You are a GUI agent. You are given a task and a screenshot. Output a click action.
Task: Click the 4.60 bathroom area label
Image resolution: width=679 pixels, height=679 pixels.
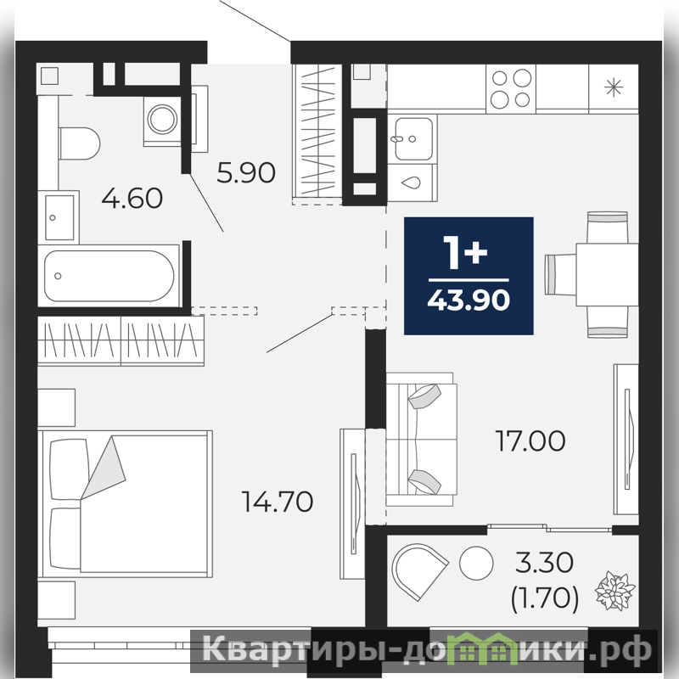pyautogui.click(x=132, y=198)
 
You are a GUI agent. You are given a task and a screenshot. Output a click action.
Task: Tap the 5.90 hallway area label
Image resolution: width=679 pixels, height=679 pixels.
pyautogui.click(x=246, y=172)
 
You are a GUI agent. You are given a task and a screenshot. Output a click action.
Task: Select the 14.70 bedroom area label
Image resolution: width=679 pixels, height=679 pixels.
pyautogui.click(x=278, y=502)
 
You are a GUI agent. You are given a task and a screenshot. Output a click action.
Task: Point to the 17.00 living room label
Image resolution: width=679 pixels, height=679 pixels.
pyautogui.click(x=530, y=441)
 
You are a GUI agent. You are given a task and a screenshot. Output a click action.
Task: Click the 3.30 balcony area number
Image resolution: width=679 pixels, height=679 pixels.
pyautogui.click(x=544, y=562)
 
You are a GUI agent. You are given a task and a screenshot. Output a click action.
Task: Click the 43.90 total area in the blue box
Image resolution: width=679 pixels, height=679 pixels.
pyautogui.click(x=469, y=300)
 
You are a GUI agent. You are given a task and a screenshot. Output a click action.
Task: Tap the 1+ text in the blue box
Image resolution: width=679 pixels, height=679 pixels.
pyautogui.click(x=465, y=252)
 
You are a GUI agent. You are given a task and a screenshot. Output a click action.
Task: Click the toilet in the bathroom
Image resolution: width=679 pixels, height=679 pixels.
pyautogui.click(x=80, y=143)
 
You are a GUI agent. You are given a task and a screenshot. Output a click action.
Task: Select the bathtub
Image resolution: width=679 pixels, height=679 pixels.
pyautogui.click(x=109, y=276)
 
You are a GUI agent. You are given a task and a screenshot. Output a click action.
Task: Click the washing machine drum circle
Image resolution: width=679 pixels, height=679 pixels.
pyautogui.click(x=162, y=119)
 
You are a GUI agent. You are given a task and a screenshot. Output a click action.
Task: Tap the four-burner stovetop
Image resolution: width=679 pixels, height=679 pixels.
pyautogui.click(x=511, y=89)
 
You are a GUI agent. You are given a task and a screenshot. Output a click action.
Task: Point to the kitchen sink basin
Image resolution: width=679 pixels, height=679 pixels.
pyautogui.click(x=413, y=138)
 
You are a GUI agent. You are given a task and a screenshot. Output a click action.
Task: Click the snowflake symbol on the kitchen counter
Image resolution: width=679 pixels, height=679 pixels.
pyautogui.click(x=614, y=88)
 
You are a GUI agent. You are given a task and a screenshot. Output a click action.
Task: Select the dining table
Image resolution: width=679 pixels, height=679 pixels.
pyautogui.click(x=607, y=274)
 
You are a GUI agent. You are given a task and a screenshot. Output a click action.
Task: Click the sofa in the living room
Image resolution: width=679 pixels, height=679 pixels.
pyautogui.click(x=421, y=439)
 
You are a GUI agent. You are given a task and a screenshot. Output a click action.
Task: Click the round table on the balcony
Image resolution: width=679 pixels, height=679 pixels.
pyautogui.click(x=476, y=563)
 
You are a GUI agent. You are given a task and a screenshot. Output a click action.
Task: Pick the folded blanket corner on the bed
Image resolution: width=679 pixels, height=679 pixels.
pyautogui.click(x=104, y=468)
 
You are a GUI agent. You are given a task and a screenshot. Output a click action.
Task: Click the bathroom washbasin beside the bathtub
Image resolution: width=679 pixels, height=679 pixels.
pyautogui.click(x=59, y=217)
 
